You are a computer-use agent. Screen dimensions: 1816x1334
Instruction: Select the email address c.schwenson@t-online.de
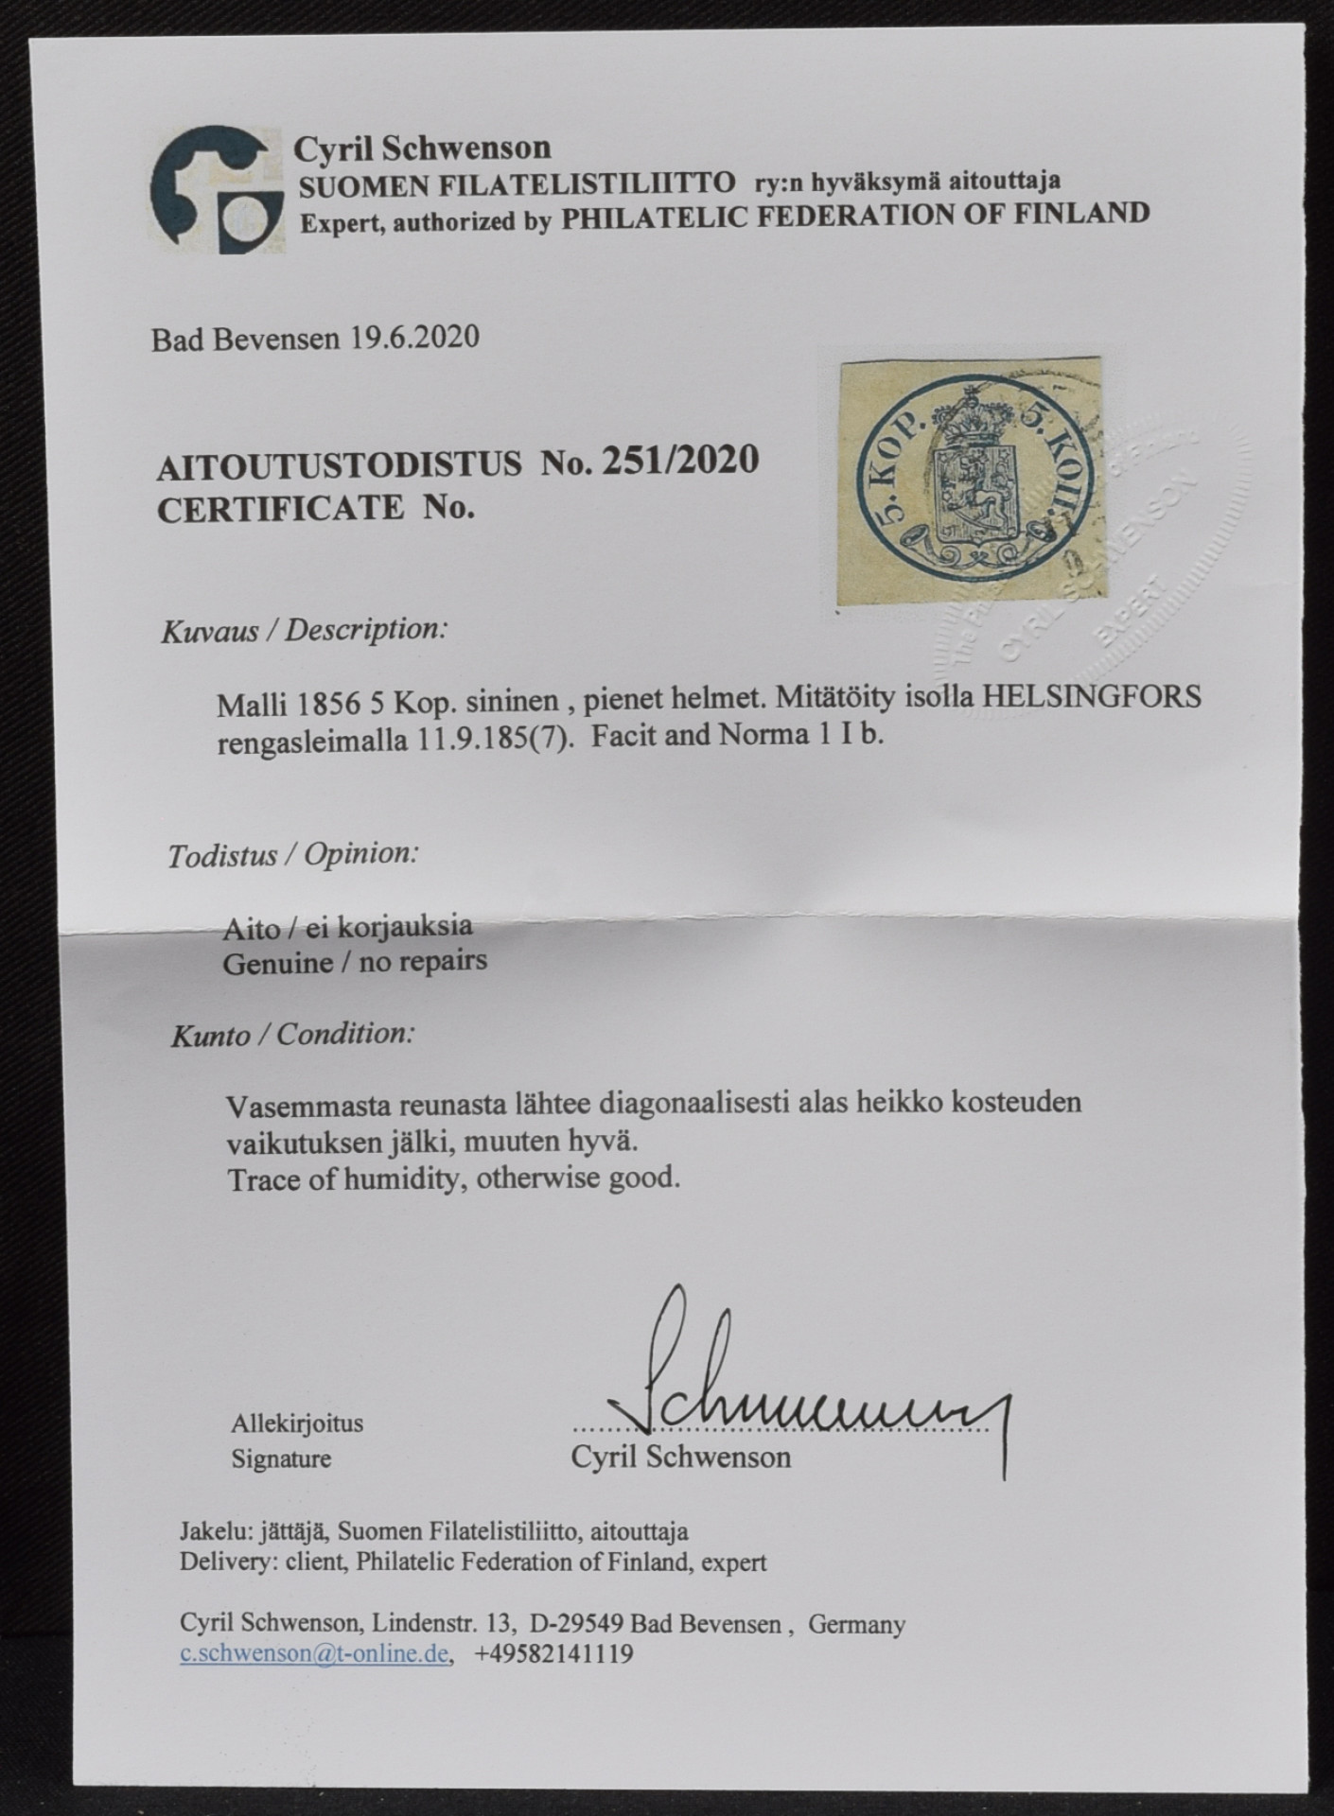pyautogui.click(x=314, y=1654)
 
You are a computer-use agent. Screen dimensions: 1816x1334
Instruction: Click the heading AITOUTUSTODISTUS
pyautogui.click(x=339, y=463)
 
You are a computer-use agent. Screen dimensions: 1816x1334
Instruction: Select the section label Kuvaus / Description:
pyautogui.click(x=303, y=630)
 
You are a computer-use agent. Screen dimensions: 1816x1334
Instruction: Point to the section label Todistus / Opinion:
pyautogui.click(x=293, y=855)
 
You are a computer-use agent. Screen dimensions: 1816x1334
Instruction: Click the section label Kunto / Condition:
pyautogui.click(x=292, y=1034)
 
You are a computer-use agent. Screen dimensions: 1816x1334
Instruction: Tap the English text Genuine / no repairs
pyautogui.click(x=354, y=963)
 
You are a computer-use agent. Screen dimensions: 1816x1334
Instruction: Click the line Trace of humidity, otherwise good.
pyautogui.click(x=453, y=1179)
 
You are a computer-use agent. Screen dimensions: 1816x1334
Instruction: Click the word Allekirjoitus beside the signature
pyautogui.click(x=296, y=1423)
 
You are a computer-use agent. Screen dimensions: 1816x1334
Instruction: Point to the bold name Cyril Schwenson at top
pyautogui.click(x=422, y=148)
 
